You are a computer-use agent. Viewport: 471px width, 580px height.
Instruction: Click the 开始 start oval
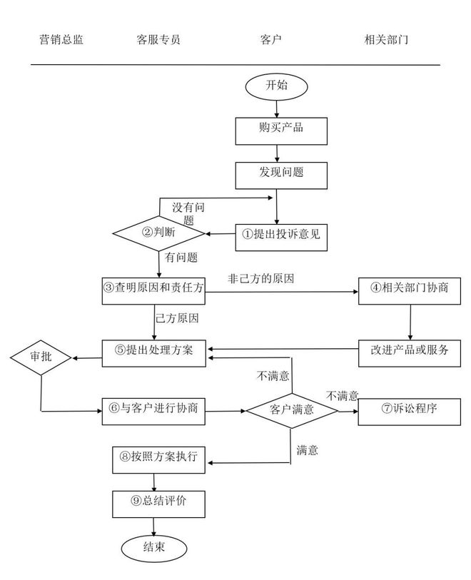(x=276, y=86)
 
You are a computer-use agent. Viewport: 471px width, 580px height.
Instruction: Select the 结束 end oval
(x=154, y=548)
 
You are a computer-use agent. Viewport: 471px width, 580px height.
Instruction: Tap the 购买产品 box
(x=281, y=129)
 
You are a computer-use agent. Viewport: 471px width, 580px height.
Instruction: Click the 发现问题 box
(x=281, y=175)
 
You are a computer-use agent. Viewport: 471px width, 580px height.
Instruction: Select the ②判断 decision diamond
(x=158, y=233)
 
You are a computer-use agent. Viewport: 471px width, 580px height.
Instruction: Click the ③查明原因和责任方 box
(x=153, y=290)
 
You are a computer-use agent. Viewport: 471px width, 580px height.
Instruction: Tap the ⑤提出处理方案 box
(x=153, y=352)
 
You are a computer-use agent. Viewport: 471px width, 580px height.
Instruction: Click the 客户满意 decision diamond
(x=290, y=410)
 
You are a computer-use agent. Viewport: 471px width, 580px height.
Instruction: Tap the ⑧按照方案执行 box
(x=154, y=458)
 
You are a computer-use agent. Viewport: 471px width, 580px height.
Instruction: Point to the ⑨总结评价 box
(x=154, y=503)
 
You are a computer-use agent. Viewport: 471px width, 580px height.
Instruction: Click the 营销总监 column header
(x=61, y=40)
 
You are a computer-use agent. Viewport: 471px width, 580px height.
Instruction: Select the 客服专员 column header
(x=158, y=40)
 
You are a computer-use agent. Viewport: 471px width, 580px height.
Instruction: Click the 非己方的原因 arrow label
(x=261, y=278)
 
